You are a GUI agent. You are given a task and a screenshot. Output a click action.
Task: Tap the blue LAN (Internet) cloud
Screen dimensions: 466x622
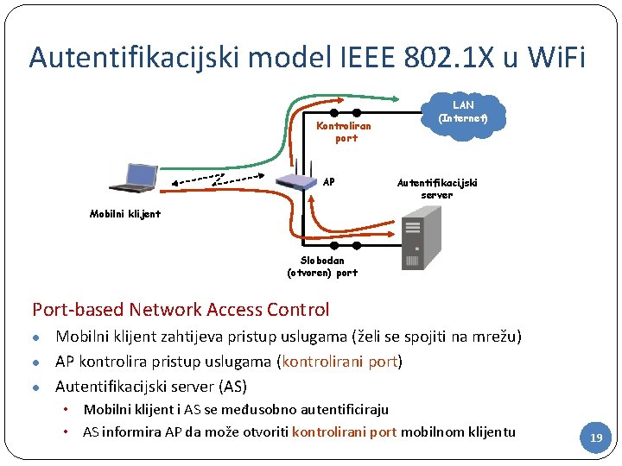click(x=463, y=110)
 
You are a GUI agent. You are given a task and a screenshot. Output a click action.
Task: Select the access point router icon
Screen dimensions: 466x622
click(x=296, y=179)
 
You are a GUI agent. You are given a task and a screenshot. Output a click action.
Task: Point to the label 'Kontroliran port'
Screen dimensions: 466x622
click(x=344, y=131)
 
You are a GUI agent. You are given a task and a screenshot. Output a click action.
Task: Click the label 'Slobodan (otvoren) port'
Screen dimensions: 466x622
click(x=322, y=266)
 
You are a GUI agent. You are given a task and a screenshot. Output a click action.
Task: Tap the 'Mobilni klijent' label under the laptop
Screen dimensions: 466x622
click(x=125, y=213)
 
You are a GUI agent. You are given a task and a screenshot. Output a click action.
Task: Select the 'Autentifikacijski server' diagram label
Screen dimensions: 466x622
click(x=436, y=188)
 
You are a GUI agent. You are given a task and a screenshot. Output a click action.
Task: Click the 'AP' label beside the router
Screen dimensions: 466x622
click(x=328, y=182)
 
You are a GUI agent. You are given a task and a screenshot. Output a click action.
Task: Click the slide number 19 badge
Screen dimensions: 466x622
click(x=595, y=438)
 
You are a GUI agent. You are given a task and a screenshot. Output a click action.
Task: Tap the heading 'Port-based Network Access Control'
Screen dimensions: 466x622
click(x=181, y=309)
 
